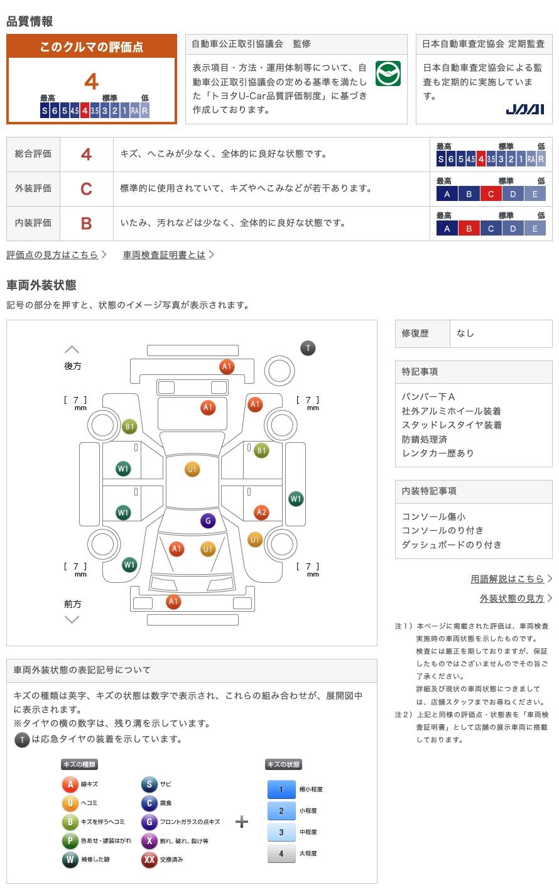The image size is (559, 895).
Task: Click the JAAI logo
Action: tap(525, 109)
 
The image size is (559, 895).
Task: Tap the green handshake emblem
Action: tap(388, 73)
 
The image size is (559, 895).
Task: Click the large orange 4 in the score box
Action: tap(92, 82)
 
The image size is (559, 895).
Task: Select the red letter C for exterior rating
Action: tap(86, 189)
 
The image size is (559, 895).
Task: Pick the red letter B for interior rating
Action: tap(86, 224)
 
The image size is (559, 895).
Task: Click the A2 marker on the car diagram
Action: tap(261, 513)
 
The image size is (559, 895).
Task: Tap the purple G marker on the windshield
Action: tap(208, 521)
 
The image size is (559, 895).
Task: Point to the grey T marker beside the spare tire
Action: tap(308, 348)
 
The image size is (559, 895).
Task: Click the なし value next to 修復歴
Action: tap(465, 334)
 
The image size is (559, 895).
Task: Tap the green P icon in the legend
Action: tap(70, 840)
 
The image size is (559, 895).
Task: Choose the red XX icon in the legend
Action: tap(149, 859)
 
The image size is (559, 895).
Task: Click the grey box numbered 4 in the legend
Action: tap(281, 854)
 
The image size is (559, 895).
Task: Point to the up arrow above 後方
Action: tap(72, 350)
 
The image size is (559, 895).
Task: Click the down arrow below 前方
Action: tap(72, 620)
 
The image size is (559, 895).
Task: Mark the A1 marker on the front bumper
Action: tap(173, 602)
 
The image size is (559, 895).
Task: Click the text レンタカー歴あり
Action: tap(438, 453)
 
